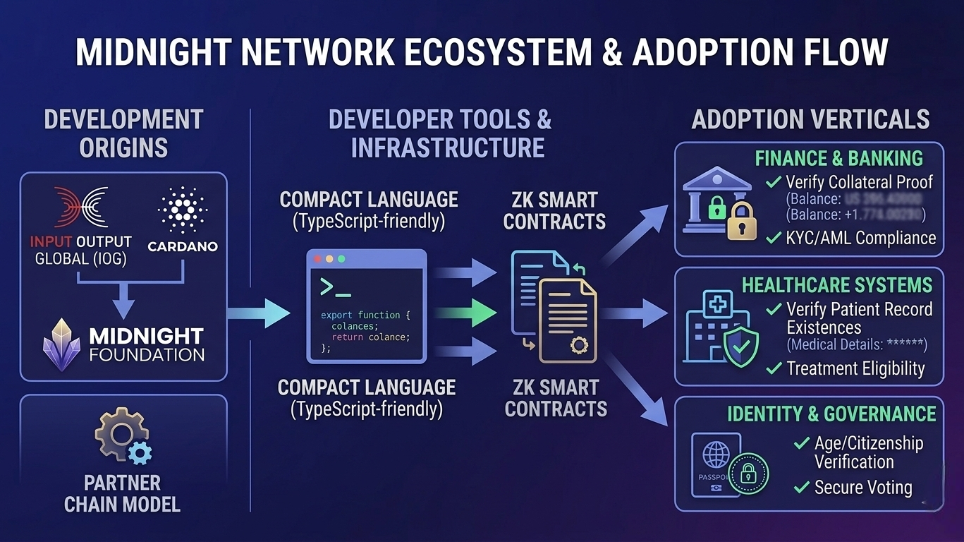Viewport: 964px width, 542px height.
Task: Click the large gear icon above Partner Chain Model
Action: [x=117, y=434]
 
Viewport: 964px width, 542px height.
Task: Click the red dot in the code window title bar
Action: [x=317, y=259]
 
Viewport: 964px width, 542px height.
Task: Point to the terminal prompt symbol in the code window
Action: [x=335, y=287]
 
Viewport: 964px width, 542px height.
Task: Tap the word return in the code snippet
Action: [x=347, y=337]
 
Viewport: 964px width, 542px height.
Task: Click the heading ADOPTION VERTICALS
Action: [x=810, y=119]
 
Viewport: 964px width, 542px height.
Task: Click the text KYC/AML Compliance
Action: [x=860, y=238]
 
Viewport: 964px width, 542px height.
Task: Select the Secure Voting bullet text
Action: [x=863, y=488]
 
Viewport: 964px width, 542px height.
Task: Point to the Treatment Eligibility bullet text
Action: [x=855, y=368]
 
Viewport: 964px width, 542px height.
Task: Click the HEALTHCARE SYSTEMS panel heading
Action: [x=836, y=285]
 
